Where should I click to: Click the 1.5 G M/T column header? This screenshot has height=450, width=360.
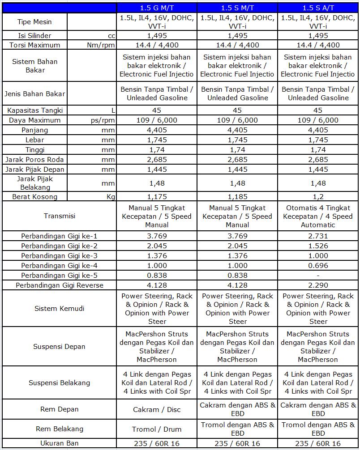coord(157,8)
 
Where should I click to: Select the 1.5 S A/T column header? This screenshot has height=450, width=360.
coord(318,8)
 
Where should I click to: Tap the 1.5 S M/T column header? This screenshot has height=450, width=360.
coord(237,8)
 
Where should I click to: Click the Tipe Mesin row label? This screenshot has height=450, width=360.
coord(34,21)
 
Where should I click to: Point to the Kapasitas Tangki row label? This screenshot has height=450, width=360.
coord(35,110)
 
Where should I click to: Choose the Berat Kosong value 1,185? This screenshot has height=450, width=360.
coord(237,196)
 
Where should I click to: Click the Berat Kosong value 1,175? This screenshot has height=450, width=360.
coord(157,196)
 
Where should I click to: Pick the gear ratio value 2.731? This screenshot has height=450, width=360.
coord(318,236)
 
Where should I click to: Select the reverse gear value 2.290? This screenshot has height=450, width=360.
coord(318,285)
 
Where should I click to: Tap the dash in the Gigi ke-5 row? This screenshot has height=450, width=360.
coord(318,276)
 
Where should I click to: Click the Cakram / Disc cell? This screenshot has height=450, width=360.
coord(157,409)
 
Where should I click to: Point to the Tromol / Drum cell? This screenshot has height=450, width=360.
coord(157,429)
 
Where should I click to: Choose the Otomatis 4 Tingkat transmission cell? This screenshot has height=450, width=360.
coord(318,216)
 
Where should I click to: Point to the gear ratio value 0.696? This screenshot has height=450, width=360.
coord(318,266)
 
